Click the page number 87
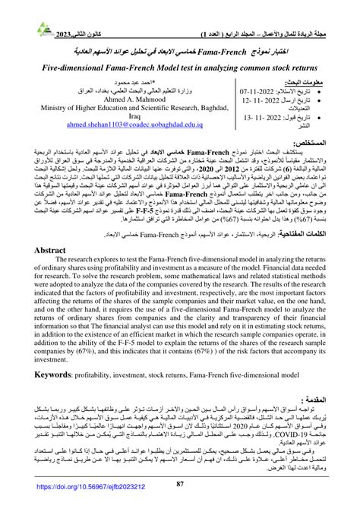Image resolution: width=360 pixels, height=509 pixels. pos(181,485)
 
